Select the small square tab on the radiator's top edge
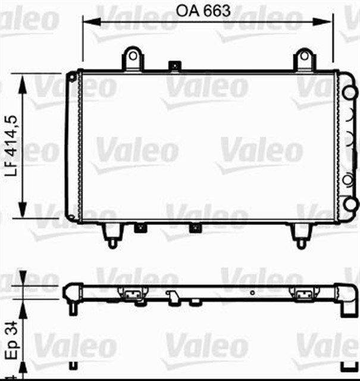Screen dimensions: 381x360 tap(174, 65)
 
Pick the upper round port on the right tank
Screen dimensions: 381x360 tap(351, 92)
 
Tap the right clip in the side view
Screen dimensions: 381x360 tap(304, 293)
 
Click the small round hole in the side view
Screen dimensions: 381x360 tap(253, 292)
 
